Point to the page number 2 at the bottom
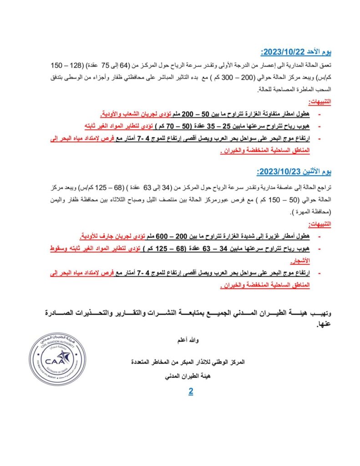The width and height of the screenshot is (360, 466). (191, 391)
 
